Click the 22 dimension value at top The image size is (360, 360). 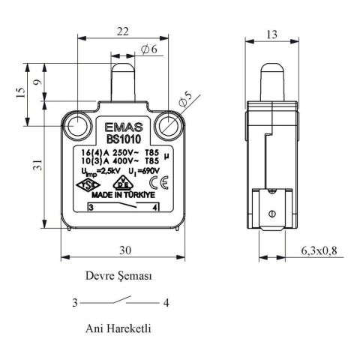123,31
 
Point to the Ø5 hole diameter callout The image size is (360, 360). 185,97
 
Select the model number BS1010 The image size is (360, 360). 120,139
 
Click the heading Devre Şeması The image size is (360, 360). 120,276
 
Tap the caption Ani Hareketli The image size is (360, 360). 120,328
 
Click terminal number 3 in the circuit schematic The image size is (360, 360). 75,303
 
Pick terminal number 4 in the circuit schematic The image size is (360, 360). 164,303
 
